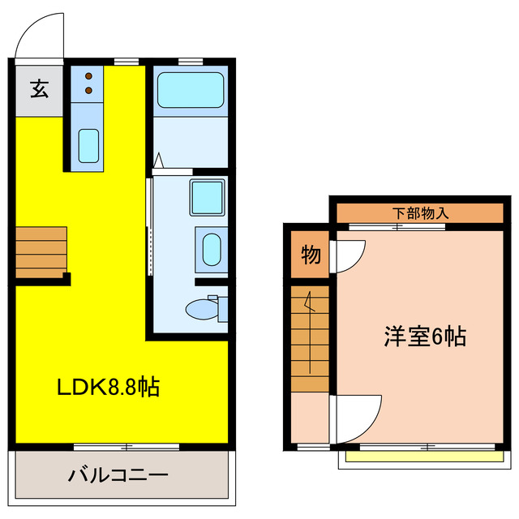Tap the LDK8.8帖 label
(x=108, y=387)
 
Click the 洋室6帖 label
(x=425, y=337)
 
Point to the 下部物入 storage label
(x=421, y=213)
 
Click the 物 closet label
(x=311, y=255)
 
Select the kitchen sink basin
(x=88, y=146)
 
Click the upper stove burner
(x=88, y=77)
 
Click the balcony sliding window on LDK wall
(x=127, y=446)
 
